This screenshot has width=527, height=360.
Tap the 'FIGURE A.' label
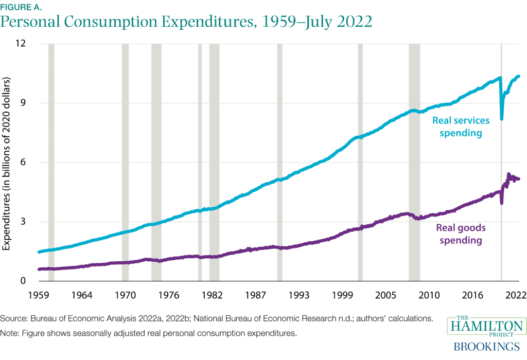[x=21, y=7]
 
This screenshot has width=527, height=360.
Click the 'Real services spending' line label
[x=461, y=127]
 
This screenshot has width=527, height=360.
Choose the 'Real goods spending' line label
[x=461, y=234]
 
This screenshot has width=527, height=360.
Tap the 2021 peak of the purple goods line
[x=509, y=175]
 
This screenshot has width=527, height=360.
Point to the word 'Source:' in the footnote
[x=14, y=319]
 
